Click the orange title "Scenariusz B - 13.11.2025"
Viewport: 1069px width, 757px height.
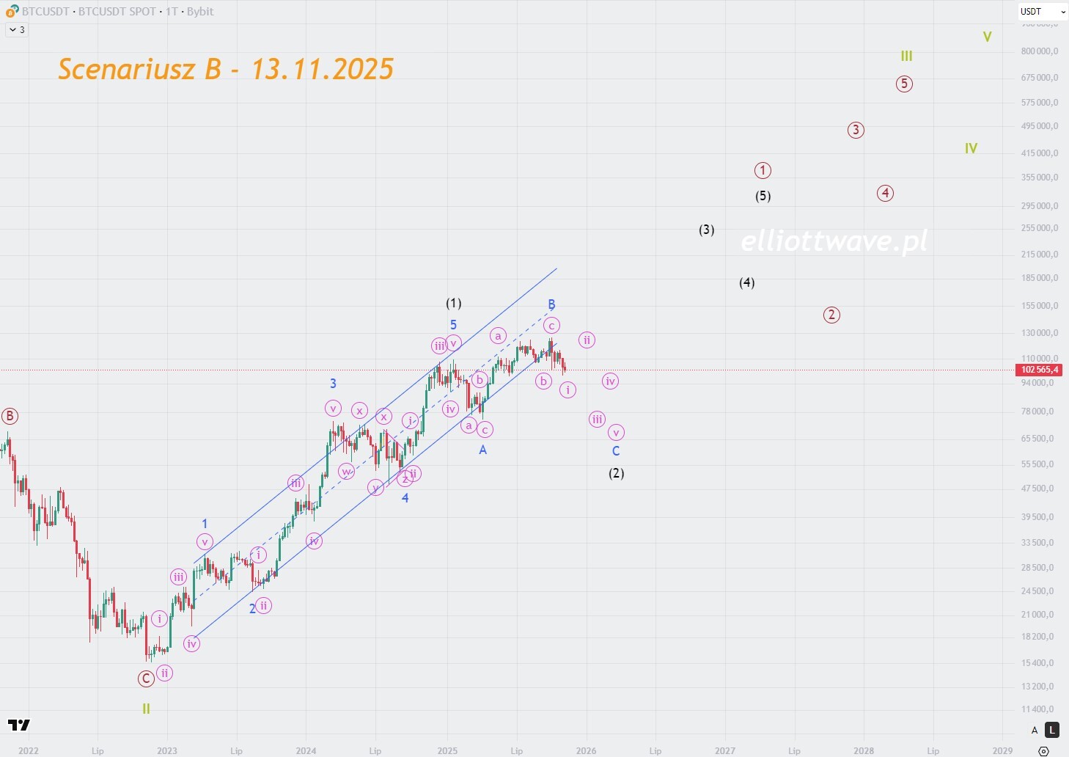click(x=226, y=69)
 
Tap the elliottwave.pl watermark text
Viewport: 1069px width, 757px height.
click(x=834, y=241)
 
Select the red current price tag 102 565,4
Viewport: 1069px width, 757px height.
click(x=1040, y=370)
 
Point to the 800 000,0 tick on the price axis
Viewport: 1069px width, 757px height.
click(x=1039, y=51)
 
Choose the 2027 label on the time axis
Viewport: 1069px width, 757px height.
click(x=724, y=750)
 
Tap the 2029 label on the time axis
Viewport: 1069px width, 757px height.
click(x=1002, y=750)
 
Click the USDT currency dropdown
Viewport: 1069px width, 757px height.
click(x=1042, y=12)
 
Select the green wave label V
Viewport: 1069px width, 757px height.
click(x=987, y=37)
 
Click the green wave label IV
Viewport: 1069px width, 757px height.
click(x=971, y=148)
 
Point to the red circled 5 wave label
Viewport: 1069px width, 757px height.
click(x=904, y=84)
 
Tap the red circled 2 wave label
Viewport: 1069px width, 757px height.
click(x=831, y=315)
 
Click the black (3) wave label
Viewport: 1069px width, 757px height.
click(x=706, y=230)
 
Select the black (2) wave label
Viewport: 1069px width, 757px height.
click(x=616, y=473)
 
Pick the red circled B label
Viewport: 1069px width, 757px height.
click(x=10, y=417)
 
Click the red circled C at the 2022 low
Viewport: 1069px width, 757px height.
click(x=146, y=679)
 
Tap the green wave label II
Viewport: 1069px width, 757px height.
click(x=146, y=709)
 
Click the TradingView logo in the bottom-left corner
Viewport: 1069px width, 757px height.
click(x=19, y=725)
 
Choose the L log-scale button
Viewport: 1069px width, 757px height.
click(x=1052, y=730)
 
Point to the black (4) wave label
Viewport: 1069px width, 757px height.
click(x=746, y=282)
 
